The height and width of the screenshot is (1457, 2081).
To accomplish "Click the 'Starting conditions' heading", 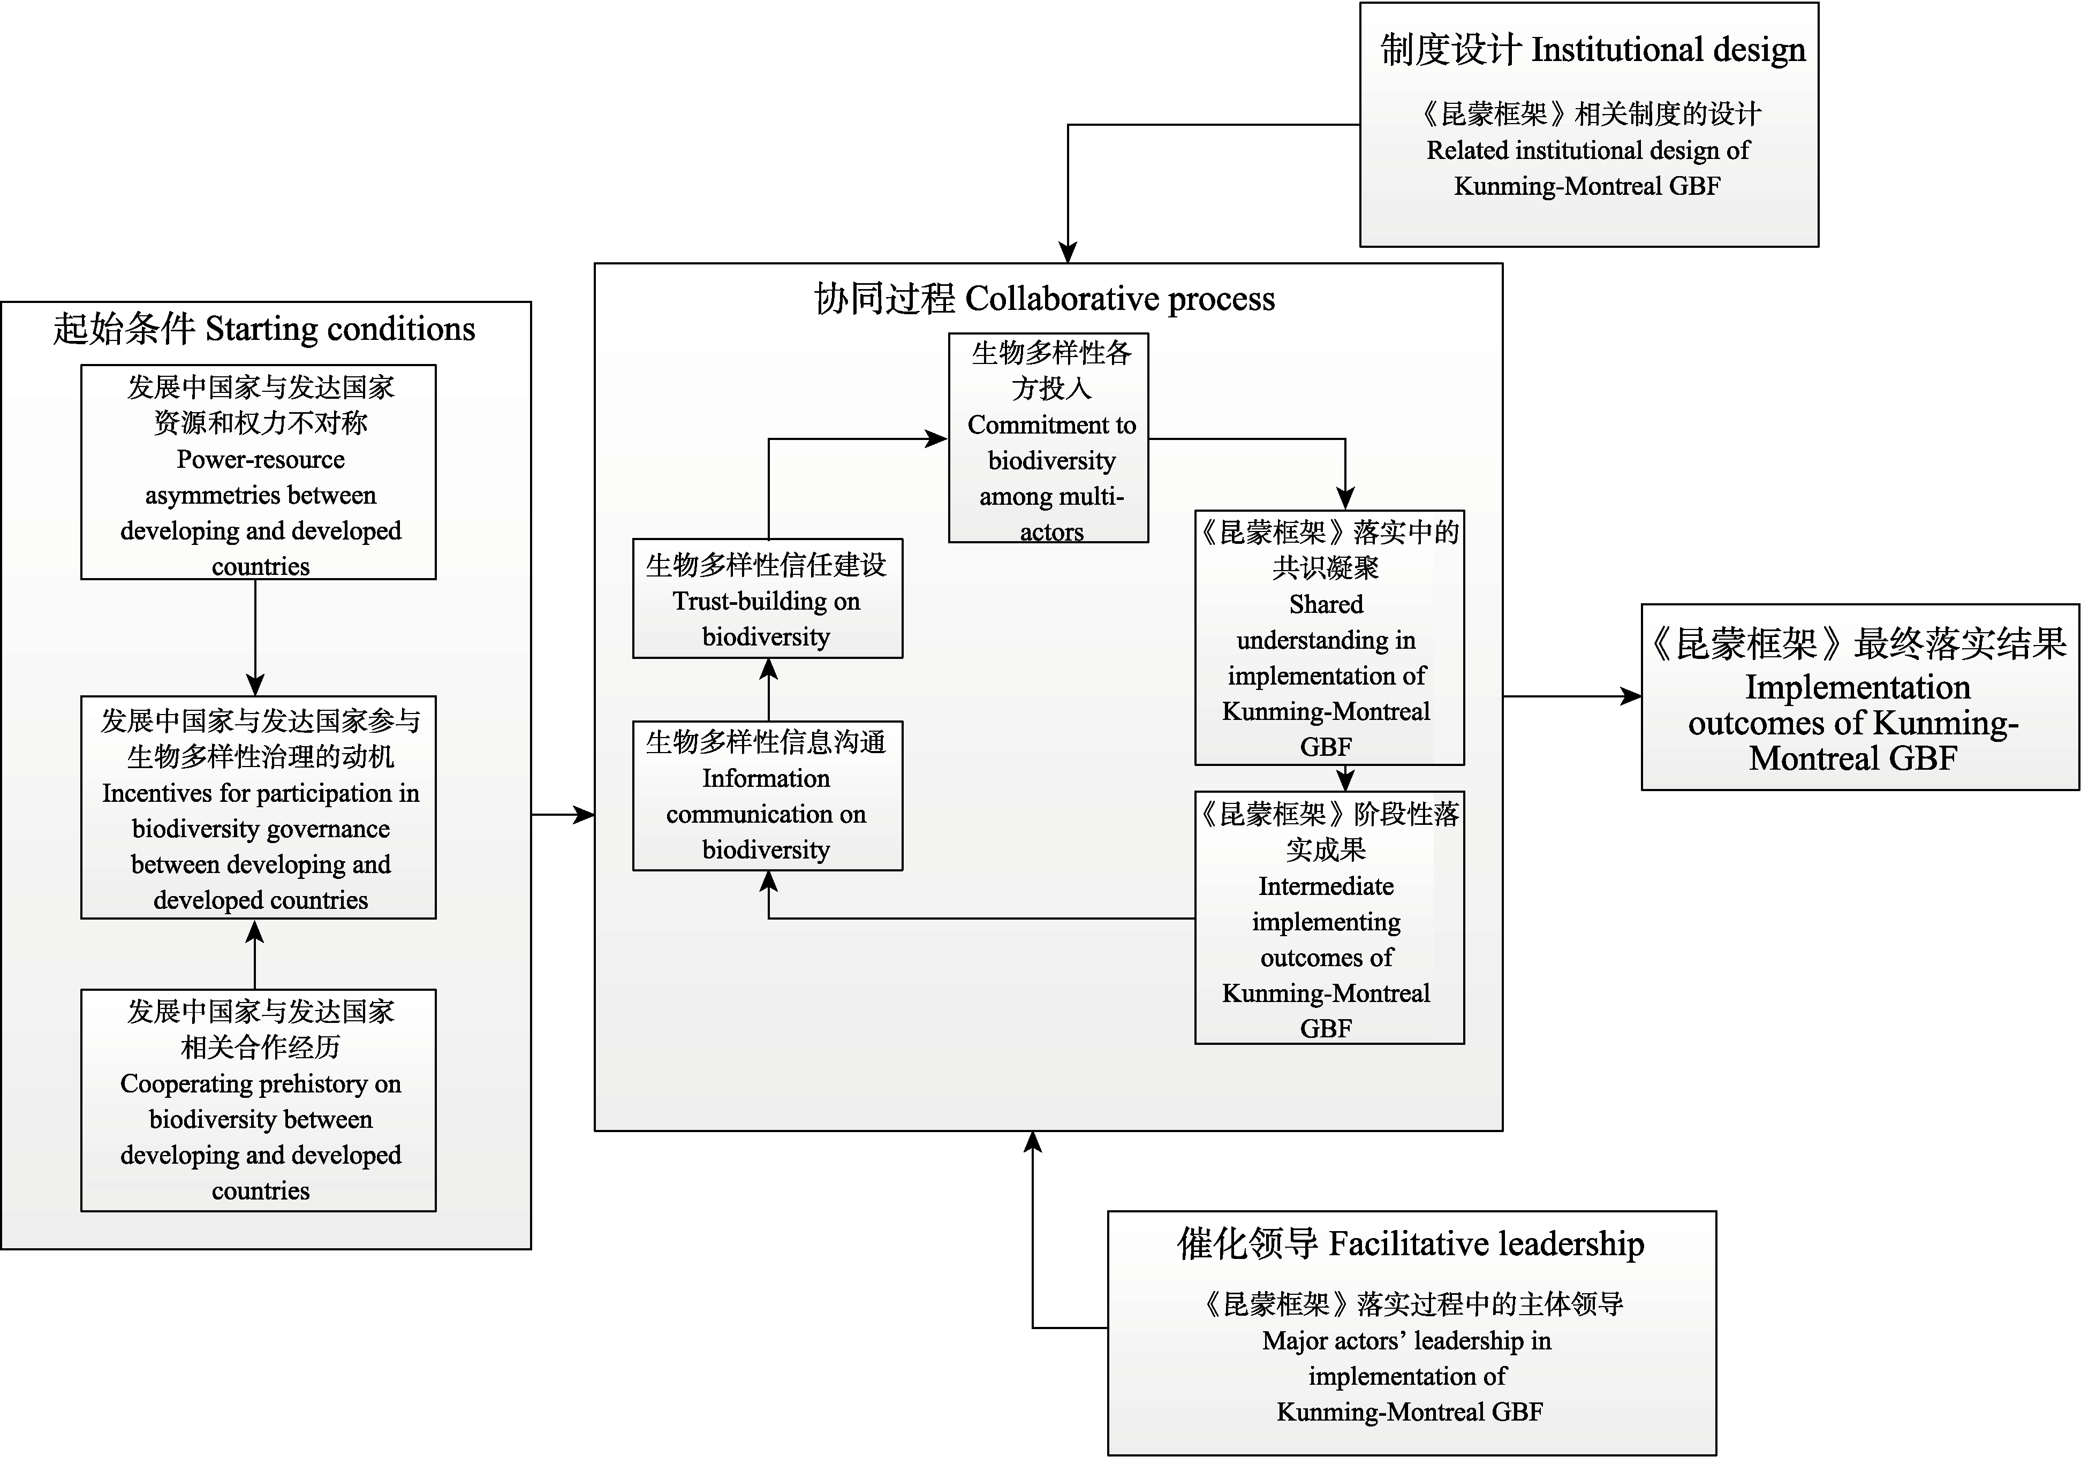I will pyautogui.click(x=264, y=329).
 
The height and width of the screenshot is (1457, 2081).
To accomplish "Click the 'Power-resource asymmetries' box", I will pyautogui.click(x=258, y=472).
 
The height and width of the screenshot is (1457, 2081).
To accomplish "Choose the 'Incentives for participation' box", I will pyautogui.click(x=258, y=807).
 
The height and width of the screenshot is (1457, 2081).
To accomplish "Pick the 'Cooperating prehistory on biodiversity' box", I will pyautogui.click(x=258, y=1100).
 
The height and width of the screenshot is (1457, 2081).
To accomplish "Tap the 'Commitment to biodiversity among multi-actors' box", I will pyautogui.click(x=1049, y=438).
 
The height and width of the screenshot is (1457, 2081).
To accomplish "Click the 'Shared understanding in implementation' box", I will pyautogui.click(x=1329, y=638).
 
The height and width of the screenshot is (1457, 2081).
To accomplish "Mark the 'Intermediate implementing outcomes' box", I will pyautogui.click(x=1329, y=918).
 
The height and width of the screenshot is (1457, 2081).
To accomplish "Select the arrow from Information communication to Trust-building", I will pyautogui.click(x=769, y=689).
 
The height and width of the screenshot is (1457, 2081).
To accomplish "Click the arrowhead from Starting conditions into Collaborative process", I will pyautogui.click(x=585, y=815).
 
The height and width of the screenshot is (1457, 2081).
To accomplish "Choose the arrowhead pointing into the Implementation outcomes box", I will pyautogui.click(x=1631, y=696).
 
